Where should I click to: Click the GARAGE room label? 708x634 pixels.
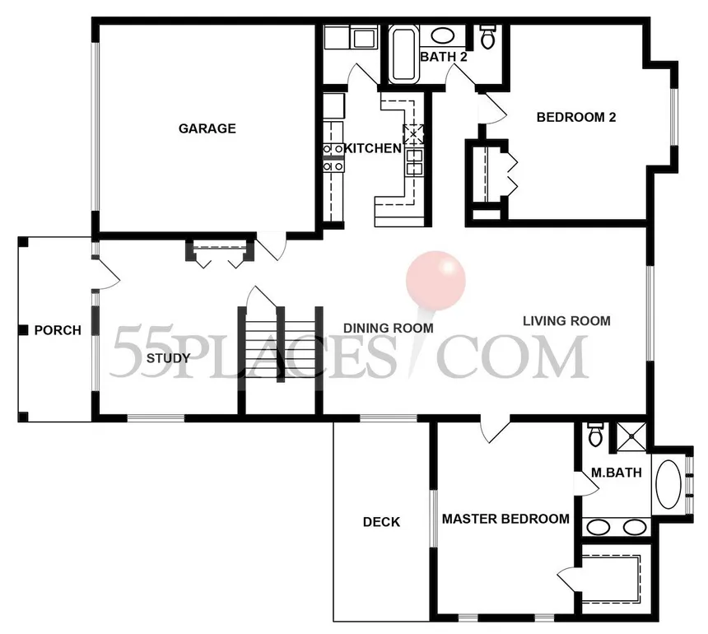pyautogui.click(x=207, y=128)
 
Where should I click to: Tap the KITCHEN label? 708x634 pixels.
pyautogui.click(x=373, y=148)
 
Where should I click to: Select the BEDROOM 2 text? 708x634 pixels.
pyautogui.click(x=576, y=118)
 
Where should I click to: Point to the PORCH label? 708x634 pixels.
pyautogui.click(x=58, y=330)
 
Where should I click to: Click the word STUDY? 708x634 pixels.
pyautogui.click(x=169, y=358)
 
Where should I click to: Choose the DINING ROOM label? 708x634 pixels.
pyautogui.click(x=389, y=329)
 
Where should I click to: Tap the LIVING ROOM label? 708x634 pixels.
pyautogui.click(x=566, y=321)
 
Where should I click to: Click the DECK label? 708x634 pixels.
pyautogui.click(x=381, y=522)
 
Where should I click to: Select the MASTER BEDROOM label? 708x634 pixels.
pyautogui.click(x=505, y=519)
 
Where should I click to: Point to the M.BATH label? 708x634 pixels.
pyautogui.click(x=617, y=473)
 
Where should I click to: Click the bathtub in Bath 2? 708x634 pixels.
pyautogui.click(x=404, y=54)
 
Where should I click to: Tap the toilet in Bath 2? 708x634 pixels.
pyautogui.click(x=487, y=36)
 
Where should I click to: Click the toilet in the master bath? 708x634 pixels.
pyautogui.click(x=594, y=435)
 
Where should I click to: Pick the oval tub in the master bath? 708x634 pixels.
pyautogui.click(x=668, y=484)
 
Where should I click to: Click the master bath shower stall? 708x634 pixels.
pyautogui.click(x=631, y=437)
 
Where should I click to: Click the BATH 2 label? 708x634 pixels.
pyautogui.click(x=444, y=57)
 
